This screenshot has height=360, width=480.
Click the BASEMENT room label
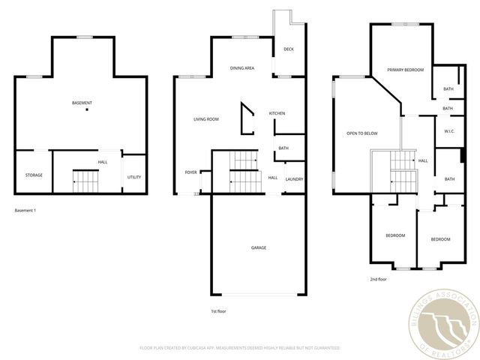pos(82,102)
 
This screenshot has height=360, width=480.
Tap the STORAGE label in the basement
pos(34,175)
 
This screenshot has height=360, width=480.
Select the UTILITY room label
pos(134,177)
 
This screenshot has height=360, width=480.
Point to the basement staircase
pos(85,181)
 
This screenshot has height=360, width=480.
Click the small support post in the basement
pos(87,110)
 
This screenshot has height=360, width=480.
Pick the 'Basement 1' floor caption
pos(25,210)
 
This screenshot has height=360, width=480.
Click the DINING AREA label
pos(242,68)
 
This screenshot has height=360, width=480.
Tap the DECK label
pos(288,49)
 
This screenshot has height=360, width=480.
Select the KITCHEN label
pos(277,113)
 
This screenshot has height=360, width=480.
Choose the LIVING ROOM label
pos(206,119)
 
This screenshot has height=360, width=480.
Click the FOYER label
pos(191,172)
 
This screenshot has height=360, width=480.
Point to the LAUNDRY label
pos(294,178)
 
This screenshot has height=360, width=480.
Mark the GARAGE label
pos(258,247)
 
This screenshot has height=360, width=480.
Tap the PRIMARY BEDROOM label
pos(406,70)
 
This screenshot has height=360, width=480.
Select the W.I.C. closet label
pos(449,131)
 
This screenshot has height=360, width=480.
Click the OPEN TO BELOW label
pos(361,133)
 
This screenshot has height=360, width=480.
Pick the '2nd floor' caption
pos(378,279)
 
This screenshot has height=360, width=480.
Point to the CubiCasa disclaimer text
pos(240,348)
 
